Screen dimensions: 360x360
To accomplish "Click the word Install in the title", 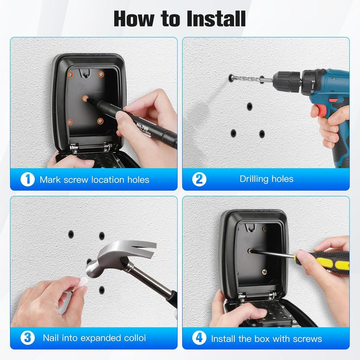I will point(217,19).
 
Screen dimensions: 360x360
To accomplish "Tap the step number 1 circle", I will point(27,180).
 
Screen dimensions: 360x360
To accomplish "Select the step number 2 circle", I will point(199,179).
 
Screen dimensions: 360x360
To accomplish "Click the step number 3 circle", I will point(27,338).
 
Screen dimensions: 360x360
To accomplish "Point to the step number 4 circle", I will point(199,339).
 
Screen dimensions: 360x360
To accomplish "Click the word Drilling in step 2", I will point(253,179).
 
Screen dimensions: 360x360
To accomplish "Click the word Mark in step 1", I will point(49,180).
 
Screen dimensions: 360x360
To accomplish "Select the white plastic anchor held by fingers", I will point(82,282).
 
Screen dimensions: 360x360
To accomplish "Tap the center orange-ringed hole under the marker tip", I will point(85,98).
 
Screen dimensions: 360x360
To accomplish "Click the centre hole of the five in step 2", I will point(250,106).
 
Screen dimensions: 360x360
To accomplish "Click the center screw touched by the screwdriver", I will point(250,251).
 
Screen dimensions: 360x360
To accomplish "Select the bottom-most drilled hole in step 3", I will point(102,290).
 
